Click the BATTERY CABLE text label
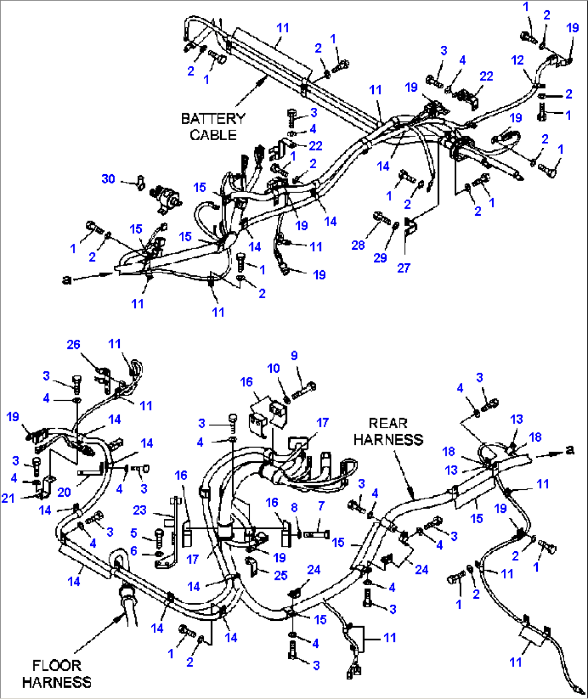coord(213,126)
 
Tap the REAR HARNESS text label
coord(388,431)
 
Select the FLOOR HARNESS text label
coord(57,674)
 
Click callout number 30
coord(108,179)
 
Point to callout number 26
coord(73,344)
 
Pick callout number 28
coord(358,245)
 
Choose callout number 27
coord(404,268)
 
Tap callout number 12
coord(517,60)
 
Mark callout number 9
coord(294,355)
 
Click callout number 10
coord(274,368)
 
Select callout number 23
coord(140,510)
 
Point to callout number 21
coord(8,498)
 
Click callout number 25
coord(281,575)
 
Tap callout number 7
coord(322,506)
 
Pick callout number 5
coord(134,533)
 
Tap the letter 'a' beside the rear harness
coord(570,450)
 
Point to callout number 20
coord(64,492)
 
